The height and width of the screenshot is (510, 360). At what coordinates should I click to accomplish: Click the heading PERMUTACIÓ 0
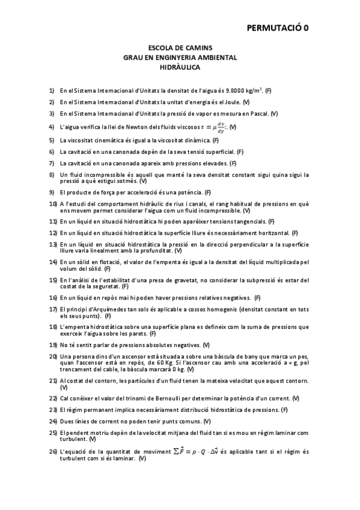(278, 27)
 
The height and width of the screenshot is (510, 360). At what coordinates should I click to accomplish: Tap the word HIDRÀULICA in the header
(180, 68)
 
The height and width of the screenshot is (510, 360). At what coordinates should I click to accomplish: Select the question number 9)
(52, 192)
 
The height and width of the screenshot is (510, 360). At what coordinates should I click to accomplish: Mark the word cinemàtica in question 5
(111, 140)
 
